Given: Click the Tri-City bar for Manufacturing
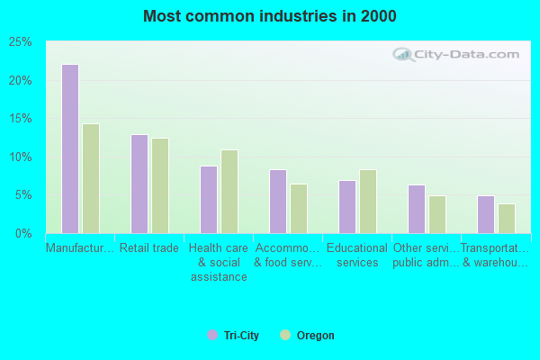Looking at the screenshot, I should pos(70,148).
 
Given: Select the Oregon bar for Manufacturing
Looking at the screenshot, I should pos(91,178).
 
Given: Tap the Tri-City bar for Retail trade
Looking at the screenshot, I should pos(139,184).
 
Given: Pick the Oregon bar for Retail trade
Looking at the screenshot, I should pos(160,185).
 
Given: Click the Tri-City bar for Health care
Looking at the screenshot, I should pos(209,200).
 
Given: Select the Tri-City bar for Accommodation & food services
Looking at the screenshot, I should pos(278,202).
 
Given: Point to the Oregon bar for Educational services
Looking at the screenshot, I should pos(368,202).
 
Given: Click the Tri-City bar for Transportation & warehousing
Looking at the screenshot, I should pos(486,214).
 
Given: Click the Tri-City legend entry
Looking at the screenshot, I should pos(233,336).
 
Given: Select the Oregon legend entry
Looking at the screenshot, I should pos(307,336).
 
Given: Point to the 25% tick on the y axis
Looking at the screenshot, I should pos(22,42).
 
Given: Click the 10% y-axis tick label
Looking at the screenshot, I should pos(22,157).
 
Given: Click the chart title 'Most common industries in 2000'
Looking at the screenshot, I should pos(269,16).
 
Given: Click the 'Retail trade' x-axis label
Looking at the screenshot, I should pos(149,247).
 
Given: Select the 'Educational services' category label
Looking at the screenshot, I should pos(357,255).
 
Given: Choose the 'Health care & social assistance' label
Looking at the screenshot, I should pos(219,262).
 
